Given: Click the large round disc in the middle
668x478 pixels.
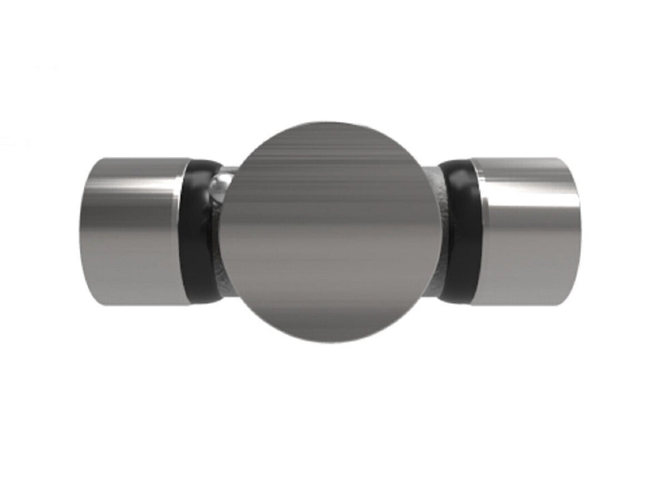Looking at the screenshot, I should point(335,232).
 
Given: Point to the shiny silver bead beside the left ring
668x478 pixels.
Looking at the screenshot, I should point(220,184).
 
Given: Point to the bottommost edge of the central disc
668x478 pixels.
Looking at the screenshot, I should point(335,341).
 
